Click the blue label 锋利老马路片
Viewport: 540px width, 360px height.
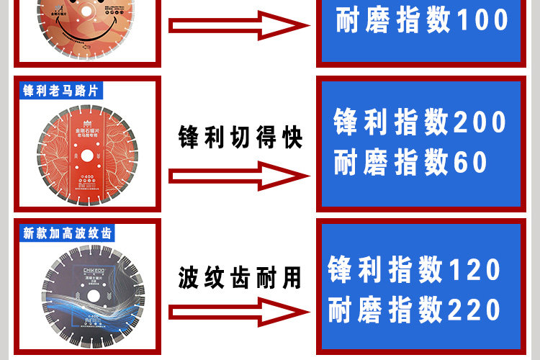pyautogui.click(x=60, y=91)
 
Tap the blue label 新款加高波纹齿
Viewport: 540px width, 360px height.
pyautogui.click(x=69, y=233)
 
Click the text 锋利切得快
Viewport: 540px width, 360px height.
pyautogui.click(x=240, y=137)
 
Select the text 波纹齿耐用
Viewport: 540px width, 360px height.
pyautogui.click(x=240, y=277)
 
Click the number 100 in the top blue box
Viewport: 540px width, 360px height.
pyautogui.click(x=482, y=21)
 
